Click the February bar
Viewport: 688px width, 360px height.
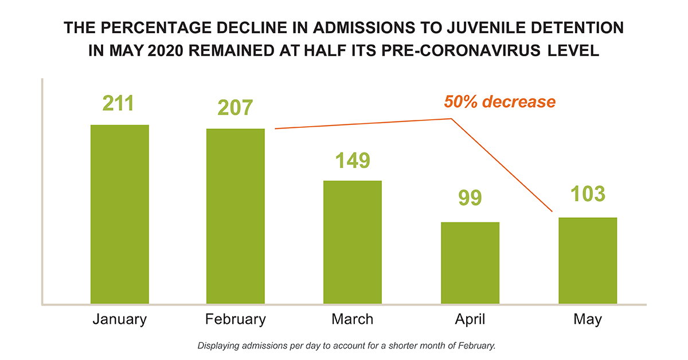(x=236, y=216)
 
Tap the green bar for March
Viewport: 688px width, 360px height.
(x=353, y=242)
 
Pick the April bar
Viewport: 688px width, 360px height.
(x=470, y=263)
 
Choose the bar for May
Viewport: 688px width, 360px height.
(x=588, y=260)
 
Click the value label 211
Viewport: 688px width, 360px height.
(x=118, y=104)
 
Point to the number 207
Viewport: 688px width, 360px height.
(x=235, y=108)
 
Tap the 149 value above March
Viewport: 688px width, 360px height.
(x=352, y=160)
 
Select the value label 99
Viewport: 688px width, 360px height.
(x=470, y=199)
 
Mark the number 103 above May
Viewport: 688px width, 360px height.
(x=587, y=194)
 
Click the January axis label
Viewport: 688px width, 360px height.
(x=120, y=319)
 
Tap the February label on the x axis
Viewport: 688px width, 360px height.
(x=236, y=319)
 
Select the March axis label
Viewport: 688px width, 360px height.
(x=353, y=319)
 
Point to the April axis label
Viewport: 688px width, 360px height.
(x=470, y=319)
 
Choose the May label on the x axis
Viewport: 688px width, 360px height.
(x=588, y=319)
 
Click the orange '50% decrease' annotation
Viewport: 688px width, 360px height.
(x=500, y=102)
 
